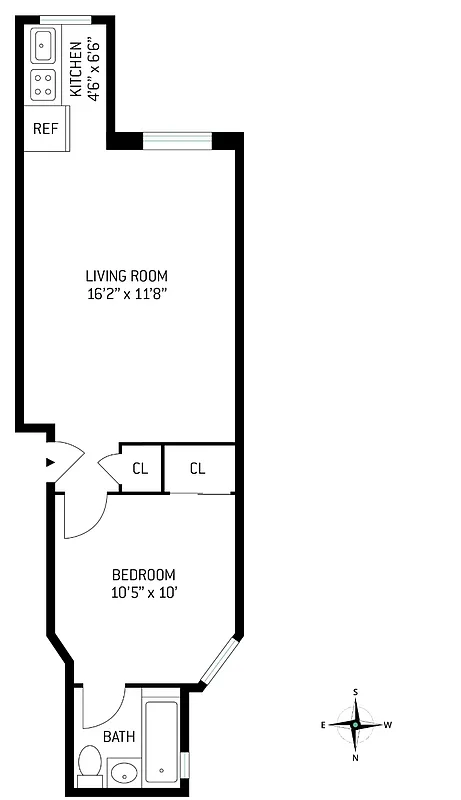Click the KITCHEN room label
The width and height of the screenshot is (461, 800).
75,64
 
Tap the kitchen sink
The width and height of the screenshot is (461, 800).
43,45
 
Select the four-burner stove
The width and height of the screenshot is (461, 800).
44,84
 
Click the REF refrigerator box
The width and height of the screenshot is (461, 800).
44,129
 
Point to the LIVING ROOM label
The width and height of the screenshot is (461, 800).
126,276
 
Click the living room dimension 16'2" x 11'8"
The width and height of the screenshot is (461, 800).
126,294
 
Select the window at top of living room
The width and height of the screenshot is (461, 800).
177,138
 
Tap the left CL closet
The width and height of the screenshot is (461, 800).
141,468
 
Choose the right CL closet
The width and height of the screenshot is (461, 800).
198,468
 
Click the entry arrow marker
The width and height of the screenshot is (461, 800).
49,462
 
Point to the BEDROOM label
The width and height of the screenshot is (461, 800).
143,574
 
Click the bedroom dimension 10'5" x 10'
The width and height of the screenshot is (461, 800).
143,592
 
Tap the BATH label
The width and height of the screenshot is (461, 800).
119,737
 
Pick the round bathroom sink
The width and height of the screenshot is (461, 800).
124,772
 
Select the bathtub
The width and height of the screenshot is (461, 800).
162,741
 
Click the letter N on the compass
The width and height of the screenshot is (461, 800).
355,757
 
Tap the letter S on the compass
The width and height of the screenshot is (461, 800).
355,691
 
